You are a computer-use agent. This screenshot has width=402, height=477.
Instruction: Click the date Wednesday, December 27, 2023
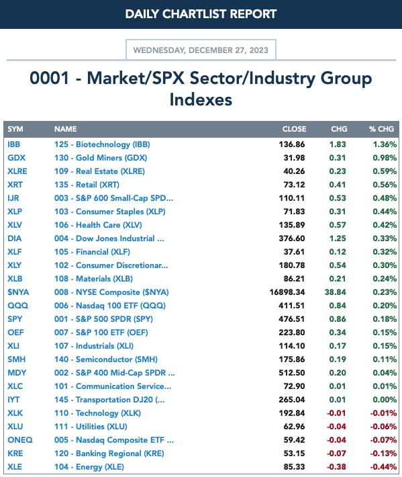click(201, 50)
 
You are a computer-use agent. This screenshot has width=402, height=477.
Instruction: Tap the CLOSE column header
click(294, 129)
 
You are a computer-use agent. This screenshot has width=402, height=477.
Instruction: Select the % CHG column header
click(381, 129)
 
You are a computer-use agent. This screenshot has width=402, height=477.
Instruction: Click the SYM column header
click(15, 129)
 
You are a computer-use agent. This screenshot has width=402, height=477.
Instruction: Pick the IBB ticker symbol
click(14, 144)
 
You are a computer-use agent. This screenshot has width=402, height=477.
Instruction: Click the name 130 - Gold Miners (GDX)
click(101, 158)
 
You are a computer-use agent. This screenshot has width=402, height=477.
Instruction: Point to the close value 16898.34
click(287, 292)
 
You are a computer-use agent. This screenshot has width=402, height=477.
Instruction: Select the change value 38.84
click(335, 292)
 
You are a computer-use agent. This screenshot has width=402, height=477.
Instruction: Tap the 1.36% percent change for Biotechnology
click(385, 144)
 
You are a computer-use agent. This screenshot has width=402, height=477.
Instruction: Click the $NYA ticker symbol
click(18, 292)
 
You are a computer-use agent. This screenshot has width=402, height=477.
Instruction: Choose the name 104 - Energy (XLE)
click(89, 467)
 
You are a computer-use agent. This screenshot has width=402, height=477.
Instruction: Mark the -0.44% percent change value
click(383, 467)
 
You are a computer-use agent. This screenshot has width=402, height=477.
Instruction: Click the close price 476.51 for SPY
click(292, 319)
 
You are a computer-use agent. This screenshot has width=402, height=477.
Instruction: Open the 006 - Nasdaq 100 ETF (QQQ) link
click(110, 306)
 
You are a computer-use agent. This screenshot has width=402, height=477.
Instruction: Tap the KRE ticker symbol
click(15, 453)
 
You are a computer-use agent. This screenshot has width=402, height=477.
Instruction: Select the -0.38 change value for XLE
click(336, 467)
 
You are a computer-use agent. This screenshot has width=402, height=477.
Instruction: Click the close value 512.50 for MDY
click(292, 373)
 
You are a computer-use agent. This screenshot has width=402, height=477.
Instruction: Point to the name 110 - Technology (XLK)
click(97, 413)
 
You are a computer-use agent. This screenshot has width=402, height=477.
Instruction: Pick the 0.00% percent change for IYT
click(385, 400)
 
